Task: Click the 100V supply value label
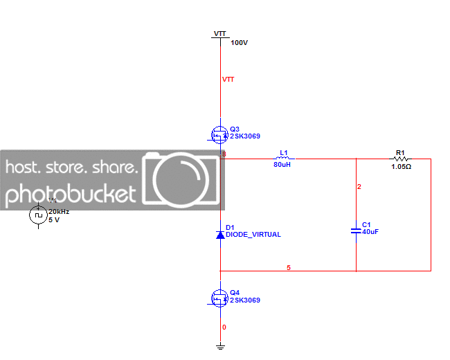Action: [240, 43]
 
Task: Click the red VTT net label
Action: [228, 80]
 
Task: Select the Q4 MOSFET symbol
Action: [219, 298]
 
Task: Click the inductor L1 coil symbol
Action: [282, 159]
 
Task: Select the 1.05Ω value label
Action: [402, 167]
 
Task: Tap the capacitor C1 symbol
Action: [356, 229]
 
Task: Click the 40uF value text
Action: [370, 232]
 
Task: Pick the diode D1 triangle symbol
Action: [220, 235]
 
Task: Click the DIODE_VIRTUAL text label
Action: [253, 235]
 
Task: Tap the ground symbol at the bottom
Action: [220, 346]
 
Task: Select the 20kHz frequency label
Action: [58, 212]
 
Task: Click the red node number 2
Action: [359, 187]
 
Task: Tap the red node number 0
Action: [224, 327]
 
